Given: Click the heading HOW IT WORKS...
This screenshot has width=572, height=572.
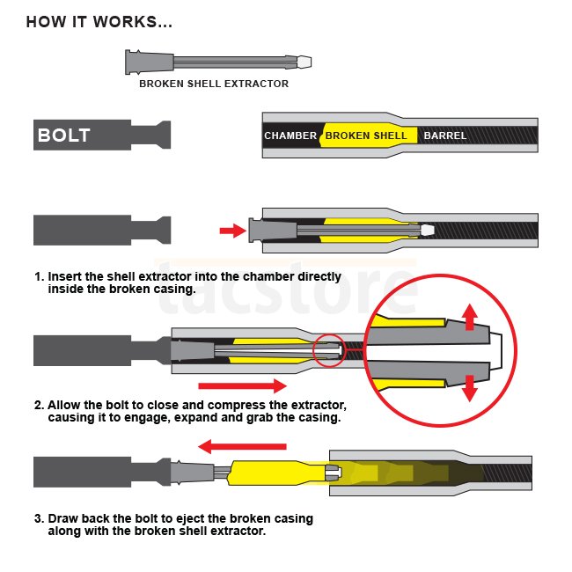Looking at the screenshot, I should pos(99,21).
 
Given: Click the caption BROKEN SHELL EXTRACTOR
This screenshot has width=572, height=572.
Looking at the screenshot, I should pos(214,84).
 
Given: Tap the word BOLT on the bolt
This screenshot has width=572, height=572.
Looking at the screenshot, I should pos(63,136).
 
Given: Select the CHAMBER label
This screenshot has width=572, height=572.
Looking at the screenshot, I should pos(290,136).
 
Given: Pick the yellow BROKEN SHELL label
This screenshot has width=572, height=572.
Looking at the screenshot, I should pos(366,136).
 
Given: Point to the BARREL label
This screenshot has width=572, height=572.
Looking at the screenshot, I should pos(445,136).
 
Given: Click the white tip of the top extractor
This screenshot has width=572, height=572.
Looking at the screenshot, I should pos(304,62).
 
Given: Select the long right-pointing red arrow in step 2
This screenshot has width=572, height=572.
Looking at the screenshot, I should pos(242,385).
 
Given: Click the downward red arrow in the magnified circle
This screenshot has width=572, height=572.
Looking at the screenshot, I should pos(469,386).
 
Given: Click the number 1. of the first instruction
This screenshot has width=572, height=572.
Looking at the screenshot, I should pos(39,275).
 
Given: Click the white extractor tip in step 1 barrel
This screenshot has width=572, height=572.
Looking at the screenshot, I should pos(428,231).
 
